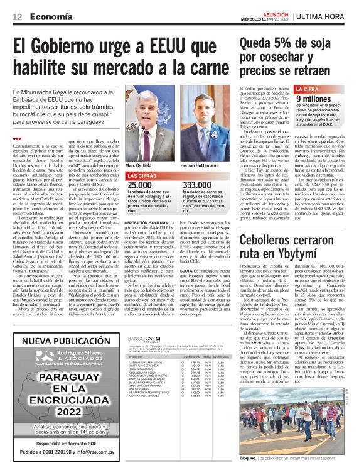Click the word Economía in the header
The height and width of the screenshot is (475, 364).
[50, 17]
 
